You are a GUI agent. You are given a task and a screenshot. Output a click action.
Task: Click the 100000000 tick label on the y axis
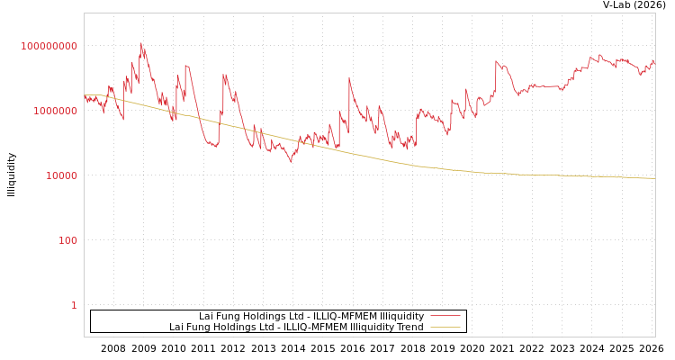[49, 46]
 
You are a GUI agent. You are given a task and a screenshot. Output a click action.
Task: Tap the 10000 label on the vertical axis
[62, 175]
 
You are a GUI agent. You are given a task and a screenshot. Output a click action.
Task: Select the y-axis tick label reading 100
[68, 240]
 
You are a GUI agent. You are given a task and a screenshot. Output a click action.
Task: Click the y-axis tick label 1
[74, 305]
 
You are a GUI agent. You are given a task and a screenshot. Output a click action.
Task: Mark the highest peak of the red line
[140, 43]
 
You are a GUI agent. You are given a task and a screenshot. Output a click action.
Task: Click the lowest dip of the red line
[291, 162]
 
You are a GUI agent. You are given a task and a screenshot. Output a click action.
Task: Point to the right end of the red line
[654, 62]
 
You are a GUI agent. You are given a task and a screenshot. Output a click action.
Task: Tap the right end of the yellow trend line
[654, 178]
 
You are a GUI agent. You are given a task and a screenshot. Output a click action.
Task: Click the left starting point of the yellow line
[85, 94]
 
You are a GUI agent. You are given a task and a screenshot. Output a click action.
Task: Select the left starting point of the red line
[85, 98]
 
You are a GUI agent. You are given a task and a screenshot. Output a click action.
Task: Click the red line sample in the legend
[445, 316]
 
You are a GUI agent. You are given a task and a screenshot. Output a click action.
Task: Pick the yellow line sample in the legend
[445, 327]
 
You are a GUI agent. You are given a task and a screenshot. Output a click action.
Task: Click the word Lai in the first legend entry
[207, 316]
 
